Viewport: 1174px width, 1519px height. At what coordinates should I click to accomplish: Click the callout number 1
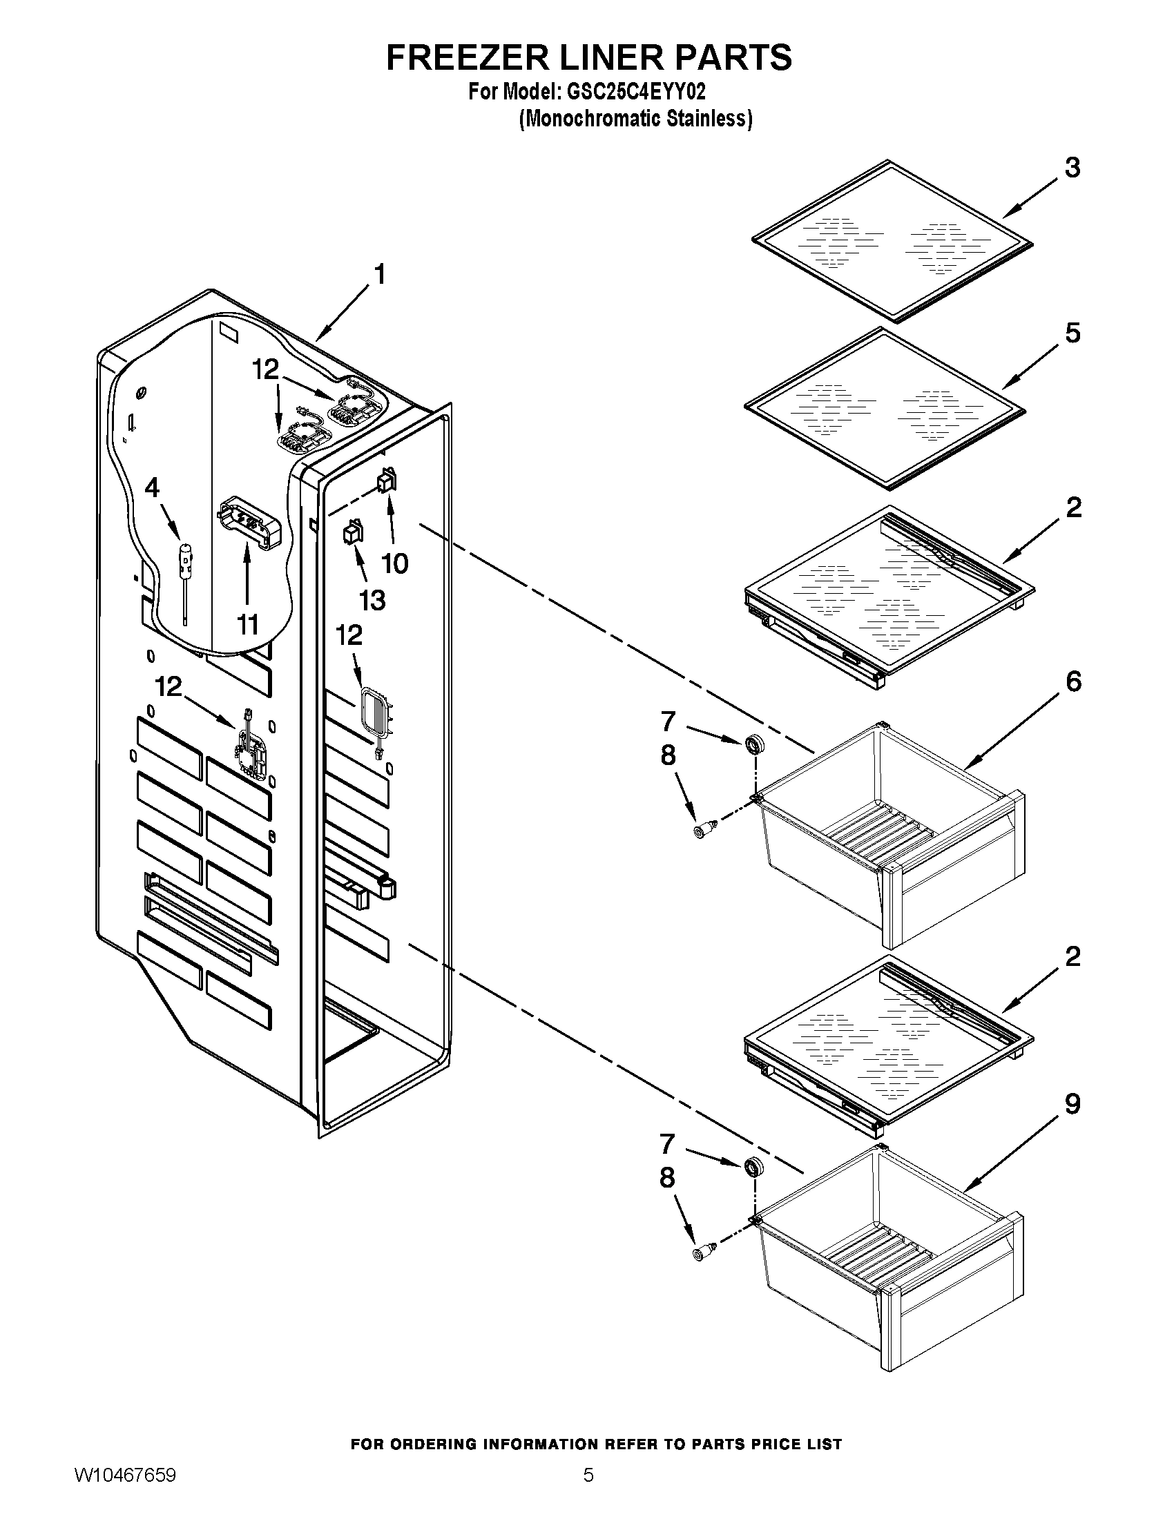(x=379, y=275)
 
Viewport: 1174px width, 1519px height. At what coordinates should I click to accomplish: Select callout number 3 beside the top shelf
(x=1072, y=168)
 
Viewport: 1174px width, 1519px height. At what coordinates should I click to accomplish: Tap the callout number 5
(x=1072, y=333)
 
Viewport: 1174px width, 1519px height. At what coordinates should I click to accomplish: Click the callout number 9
(x=1072, y=1104)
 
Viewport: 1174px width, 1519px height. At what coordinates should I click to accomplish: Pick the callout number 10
(x=395, y=563)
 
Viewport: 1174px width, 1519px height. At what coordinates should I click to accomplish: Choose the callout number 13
(x=372, y=599)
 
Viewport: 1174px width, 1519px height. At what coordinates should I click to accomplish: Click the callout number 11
(x=248, y=625)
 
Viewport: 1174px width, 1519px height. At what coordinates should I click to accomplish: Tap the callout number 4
(x=152, y=487)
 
